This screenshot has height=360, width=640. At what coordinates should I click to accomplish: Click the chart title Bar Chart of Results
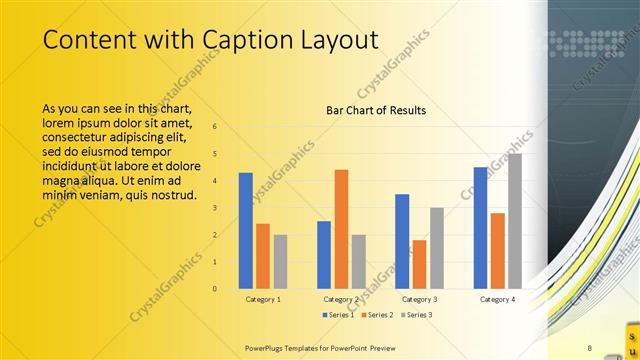(376, 110)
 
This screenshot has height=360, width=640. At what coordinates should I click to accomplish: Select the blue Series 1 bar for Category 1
(246, 231)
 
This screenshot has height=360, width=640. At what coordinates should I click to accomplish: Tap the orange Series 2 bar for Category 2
(341, 229)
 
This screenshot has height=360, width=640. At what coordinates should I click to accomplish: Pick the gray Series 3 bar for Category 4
(515, 221)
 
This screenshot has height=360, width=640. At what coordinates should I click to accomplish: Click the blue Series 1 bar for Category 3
(402, 241)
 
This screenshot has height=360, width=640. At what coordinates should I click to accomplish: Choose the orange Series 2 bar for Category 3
(419, 264)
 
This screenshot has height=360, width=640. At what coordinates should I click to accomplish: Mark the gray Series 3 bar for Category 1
(280, 262)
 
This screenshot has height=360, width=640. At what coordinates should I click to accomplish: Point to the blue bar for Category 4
(481, 228)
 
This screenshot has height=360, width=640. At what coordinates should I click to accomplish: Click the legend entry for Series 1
(340, 315)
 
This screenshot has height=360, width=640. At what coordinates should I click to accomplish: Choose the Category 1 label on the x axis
(263, 299)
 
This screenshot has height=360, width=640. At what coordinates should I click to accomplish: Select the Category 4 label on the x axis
(497, 299)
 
